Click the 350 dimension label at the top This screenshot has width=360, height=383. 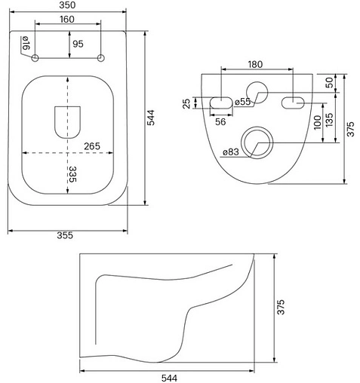pos(67,5)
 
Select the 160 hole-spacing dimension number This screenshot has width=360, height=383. pos(67,19)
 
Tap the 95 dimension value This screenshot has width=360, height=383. pos(78,44)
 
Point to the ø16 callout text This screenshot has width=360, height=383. pos(26,43)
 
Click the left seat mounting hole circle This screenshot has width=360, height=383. pos(35,58)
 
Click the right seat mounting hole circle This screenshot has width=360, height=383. pos(101,58)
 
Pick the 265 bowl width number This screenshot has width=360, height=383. pos(92,146)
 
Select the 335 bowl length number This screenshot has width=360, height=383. pos(72,174)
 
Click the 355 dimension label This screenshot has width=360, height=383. pos(65,235)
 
